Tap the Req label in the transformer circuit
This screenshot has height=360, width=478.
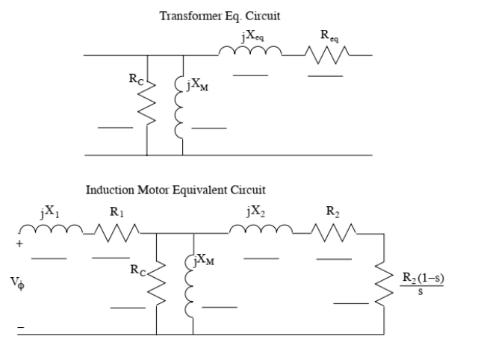[x=326, y=36]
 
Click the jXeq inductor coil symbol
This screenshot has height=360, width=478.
[x=249, y=53]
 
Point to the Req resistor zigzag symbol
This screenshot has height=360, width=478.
[x=326, y=55]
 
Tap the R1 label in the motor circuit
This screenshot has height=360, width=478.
[x=116, y=212]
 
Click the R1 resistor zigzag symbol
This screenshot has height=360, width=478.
[x=115, y=233]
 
